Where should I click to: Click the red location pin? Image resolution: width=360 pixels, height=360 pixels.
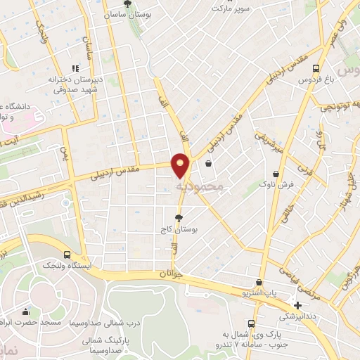tap(181, 165)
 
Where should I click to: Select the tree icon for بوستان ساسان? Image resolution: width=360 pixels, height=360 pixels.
tap(127, 4)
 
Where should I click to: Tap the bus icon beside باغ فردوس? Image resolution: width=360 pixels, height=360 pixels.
tap(316, 68)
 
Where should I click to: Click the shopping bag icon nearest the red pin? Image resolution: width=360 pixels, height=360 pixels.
tap(208, 163)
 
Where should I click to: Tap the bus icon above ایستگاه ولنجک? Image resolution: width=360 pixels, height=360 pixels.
tap(67, 255)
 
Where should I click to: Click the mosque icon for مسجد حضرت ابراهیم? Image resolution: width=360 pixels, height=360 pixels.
tap(26, 311)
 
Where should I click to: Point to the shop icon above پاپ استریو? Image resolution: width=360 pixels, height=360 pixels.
tap(259, 282)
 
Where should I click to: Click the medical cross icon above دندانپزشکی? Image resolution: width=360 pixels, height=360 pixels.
tap(298, 306)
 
